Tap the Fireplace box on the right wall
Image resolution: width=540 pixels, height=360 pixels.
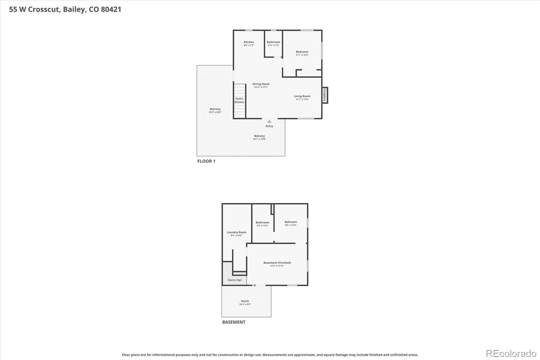point(325,95)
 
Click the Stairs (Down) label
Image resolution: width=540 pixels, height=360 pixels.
point(239,100)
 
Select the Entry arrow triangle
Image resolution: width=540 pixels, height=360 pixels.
point(269,121)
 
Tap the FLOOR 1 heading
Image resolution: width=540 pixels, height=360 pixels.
point(206,161)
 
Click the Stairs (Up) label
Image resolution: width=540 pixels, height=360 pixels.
point(234,280)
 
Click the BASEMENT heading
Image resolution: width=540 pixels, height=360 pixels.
point(234,322)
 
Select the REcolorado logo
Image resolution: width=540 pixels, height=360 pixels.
point(511,354)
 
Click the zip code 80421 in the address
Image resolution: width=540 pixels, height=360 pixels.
point(111,9)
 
